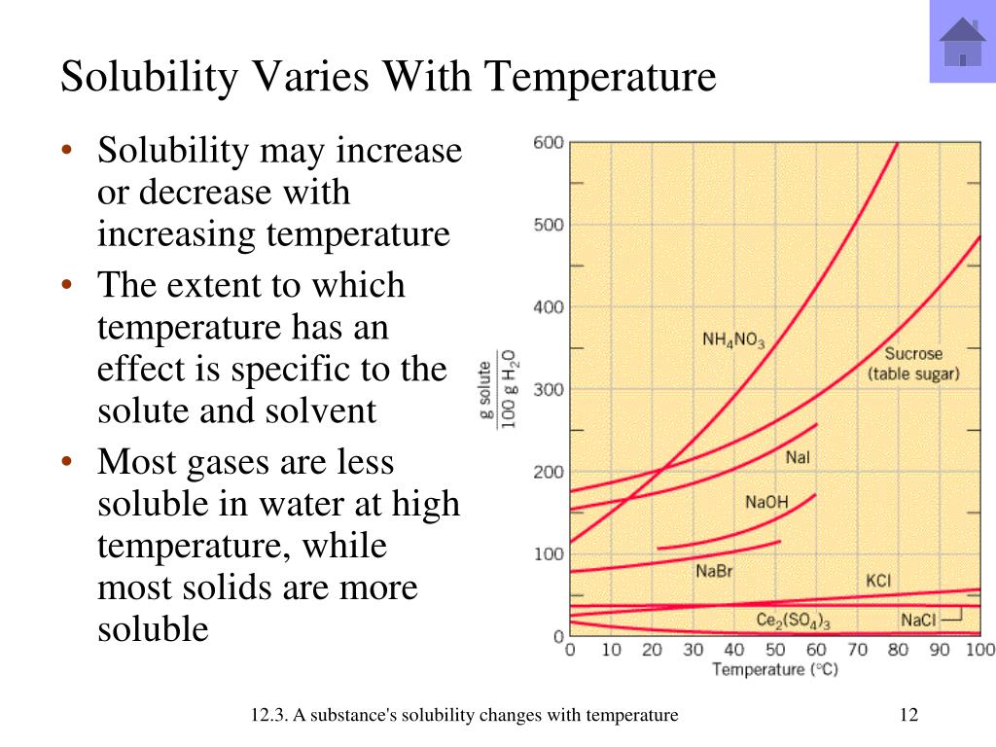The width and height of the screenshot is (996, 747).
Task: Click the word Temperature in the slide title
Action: (x=600, y=77)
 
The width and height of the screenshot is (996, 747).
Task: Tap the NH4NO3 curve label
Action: (x=733, y=340)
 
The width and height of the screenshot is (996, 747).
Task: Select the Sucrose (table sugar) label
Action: (x=913, y=364)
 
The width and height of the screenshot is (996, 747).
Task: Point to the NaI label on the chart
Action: (x=798, y=457)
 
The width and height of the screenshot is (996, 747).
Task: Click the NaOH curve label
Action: (x=766, y=503)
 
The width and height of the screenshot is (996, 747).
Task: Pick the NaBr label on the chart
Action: (x=714, y=571)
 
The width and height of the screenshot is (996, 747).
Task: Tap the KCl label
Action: (x=878, y=581)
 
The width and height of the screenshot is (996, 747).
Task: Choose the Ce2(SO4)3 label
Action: (x=793, y=621)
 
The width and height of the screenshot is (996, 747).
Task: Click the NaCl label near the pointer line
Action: (x=918, y=620)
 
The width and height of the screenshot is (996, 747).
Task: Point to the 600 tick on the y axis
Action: (x=549, y=142)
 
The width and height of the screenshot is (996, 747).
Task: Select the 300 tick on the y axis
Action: (x=549, y=389)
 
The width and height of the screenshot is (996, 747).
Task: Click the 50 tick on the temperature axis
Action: (x=775, y=649)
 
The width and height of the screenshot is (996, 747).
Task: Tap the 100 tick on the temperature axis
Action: (x=980, y=649)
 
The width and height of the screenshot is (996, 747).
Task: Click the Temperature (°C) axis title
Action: (x=775, y=669)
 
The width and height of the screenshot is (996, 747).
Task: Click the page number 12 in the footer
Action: (x=909, y=715)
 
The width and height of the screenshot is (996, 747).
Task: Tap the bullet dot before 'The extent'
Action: (x=67, y=284)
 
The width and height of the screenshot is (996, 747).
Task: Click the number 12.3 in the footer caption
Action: (x=268, y=715)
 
